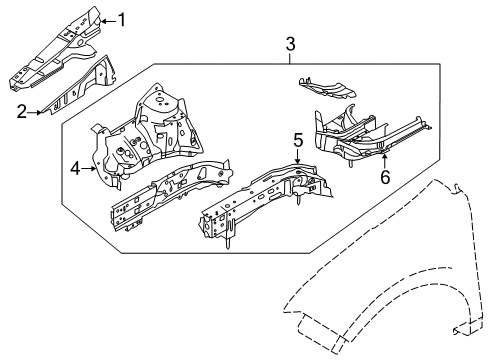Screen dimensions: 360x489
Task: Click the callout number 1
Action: click(x=122, y=19)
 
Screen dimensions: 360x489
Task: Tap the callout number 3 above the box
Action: click(x=290, y=44)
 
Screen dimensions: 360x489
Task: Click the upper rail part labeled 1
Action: click(x=60, y=50)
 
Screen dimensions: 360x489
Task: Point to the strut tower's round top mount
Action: click(x=160, y=101)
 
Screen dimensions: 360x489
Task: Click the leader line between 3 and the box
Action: click(x=290, y=57)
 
